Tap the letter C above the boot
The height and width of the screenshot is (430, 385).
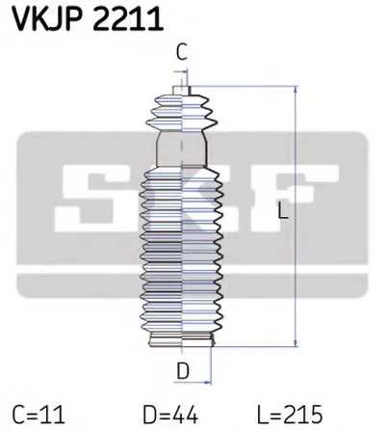181,53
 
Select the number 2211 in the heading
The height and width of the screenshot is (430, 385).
119,18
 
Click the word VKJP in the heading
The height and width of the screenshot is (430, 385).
44,18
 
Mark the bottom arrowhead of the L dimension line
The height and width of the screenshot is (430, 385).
293,341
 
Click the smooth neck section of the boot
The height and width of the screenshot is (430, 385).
181,150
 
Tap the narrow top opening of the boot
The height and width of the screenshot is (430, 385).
180,92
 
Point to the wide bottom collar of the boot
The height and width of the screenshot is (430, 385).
181,337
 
